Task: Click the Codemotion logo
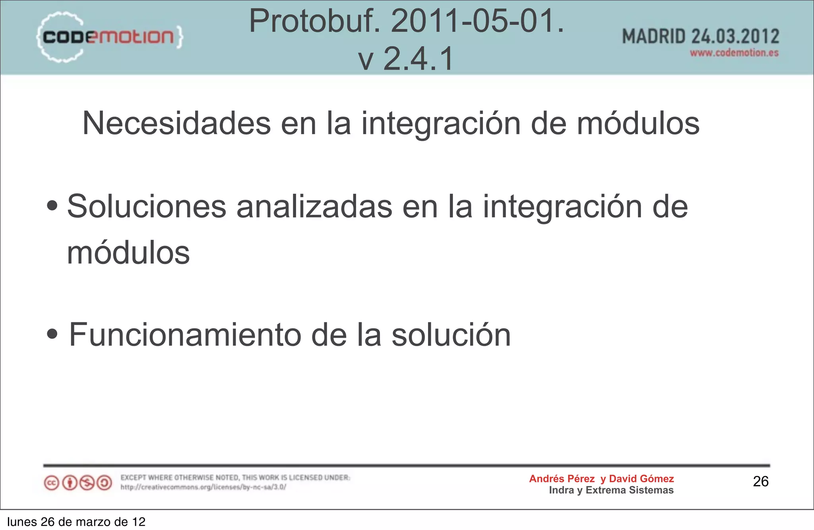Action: click(x=110, y=37)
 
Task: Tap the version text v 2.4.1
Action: click(x=406, y=58)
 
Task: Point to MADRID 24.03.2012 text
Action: click(x=700, y=37)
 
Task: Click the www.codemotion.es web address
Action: click(x=734, y=53)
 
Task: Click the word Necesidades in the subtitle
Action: click(x=176, y=123)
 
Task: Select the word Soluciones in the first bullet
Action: click(x=147, y=207)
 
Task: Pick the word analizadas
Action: click(x=314, y=207)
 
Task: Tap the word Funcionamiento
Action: click(x=185, y=335)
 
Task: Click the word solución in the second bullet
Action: click(x=451, y=335)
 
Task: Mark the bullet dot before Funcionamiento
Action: click(x=52, y=334)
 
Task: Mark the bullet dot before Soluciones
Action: click(x=52, y=206)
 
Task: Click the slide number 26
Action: click(x=761, y=481)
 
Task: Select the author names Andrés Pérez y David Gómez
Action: click(x=601, y=479)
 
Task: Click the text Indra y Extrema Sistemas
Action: click(x=611, y=490)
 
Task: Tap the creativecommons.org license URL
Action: click(x=203, y=487)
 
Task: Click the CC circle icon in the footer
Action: click(x=52, y=483)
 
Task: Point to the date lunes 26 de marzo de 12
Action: click(x=76, y=522)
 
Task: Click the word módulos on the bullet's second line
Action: click(x=128, y=253)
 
